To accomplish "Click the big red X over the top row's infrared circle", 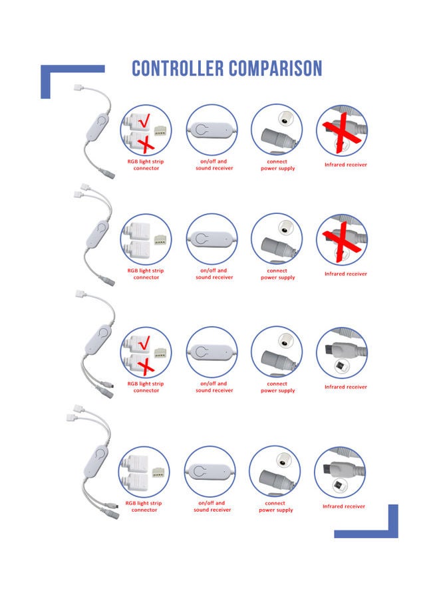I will tap(342, 131).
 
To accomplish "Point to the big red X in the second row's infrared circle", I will tap(342, 240).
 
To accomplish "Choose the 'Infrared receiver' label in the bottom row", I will tap(344, 506).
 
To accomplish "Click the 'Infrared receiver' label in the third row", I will tap(345, 387).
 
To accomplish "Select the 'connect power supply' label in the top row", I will tap(277, 165).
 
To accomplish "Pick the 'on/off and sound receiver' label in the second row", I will tap(214, 274).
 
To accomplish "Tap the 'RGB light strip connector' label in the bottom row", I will tap(144, 506).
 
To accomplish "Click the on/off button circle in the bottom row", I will tap(210, 471).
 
